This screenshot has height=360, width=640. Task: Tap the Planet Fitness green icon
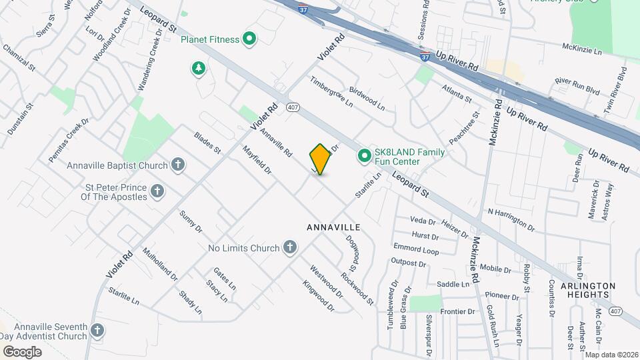click(249, 39)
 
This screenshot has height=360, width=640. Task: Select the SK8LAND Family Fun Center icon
click(365, 156)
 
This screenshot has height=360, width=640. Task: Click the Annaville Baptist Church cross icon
click(177, 165)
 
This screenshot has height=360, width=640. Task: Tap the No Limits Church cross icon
click(289, 248)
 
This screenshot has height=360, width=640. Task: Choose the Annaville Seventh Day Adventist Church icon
click(97, 330)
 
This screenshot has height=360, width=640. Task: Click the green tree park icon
click(198, 68)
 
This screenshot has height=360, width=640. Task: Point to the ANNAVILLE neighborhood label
click(333, 227)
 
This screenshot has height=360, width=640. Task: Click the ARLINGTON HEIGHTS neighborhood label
click(589, 289)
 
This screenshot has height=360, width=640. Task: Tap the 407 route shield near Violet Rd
click(293, 107)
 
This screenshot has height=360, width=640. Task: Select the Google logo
click(23, 351)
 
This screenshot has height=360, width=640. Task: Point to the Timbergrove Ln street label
click(331, 91)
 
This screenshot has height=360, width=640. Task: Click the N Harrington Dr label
click(511, 220)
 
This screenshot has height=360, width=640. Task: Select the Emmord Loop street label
click(416, 249)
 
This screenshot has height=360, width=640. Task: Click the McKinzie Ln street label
click(581, 50)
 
